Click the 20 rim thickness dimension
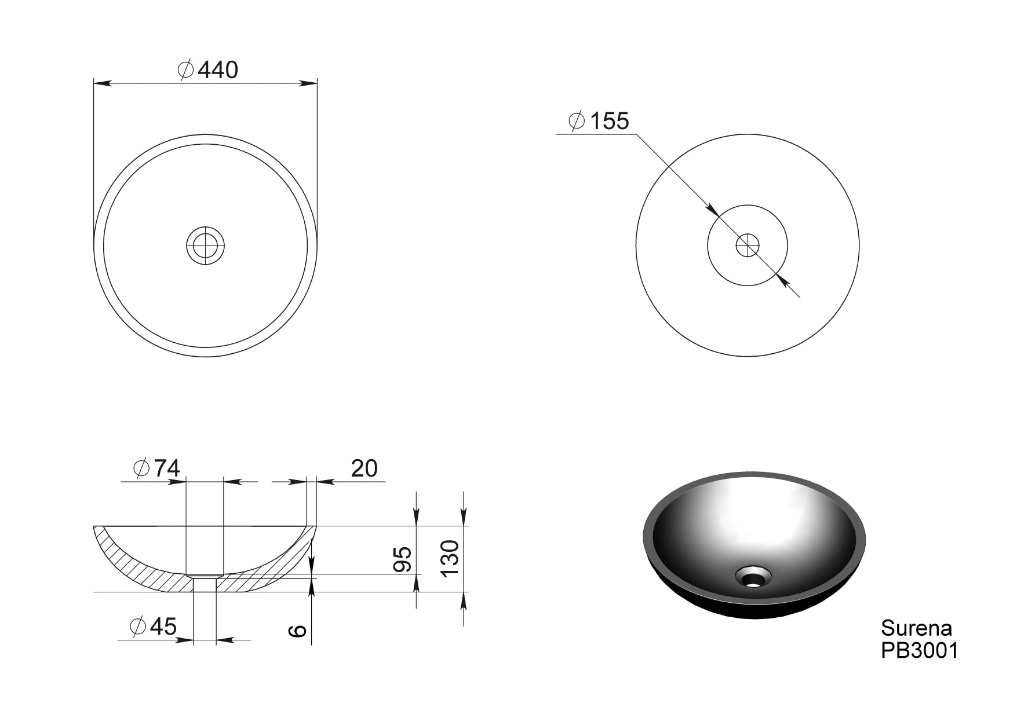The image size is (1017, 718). pyautogui.click(x=364, y=468)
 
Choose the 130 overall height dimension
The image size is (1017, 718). pyautogui.click(x=450, y=557)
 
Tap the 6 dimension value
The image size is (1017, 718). pyautogui.click(x=297, y=631)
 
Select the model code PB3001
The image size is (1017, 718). pyautogui.click(x=920, y=650)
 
